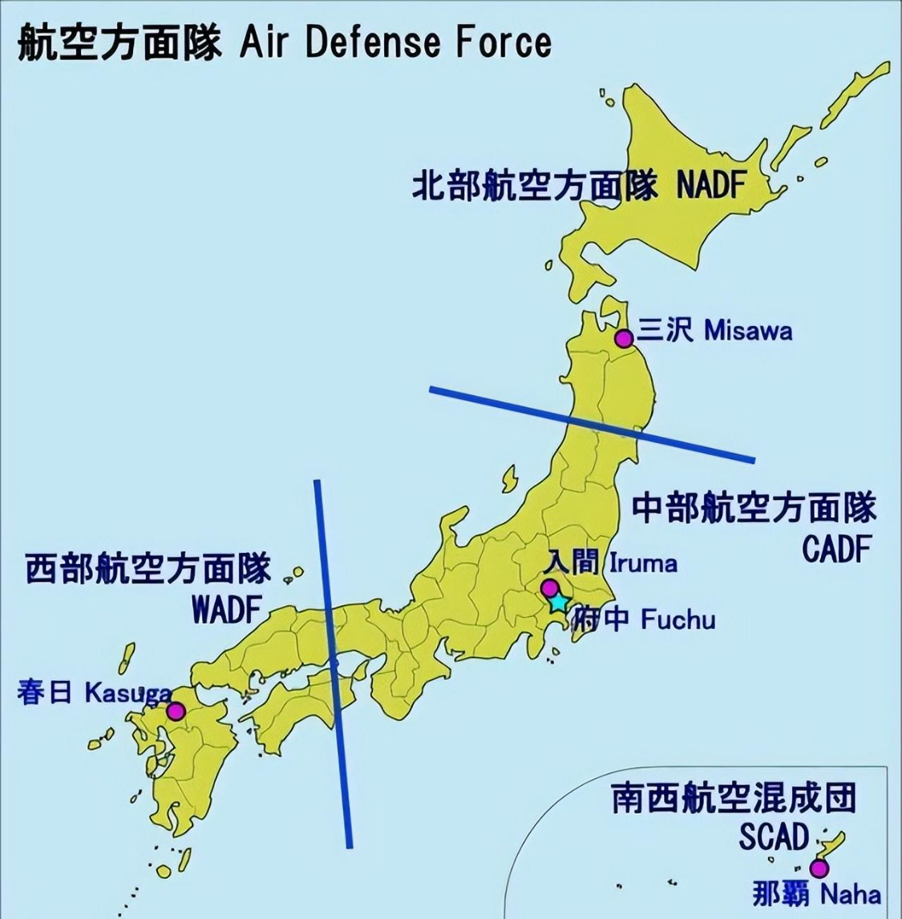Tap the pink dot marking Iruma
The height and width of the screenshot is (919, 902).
(x=549, y=587)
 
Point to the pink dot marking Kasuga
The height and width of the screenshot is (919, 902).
(x=176, y=711)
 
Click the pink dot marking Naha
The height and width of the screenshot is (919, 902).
(x=819, y=869)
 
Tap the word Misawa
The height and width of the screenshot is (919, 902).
(x=747, y=331)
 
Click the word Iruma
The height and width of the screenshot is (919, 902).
(x=643, y=563)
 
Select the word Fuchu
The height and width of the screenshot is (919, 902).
(x=678, y=619)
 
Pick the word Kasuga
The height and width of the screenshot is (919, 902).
(x=127, y=692)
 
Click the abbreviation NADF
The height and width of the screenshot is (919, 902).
(x=711, y=187)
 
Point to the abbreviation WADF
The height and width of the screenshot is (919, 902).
(x=227, y=611)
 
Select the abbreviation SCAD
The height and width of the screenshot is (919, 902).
(x=774, y=837)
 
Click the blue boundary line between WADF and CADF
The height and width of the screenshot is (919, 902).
(x=333, y=662)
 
